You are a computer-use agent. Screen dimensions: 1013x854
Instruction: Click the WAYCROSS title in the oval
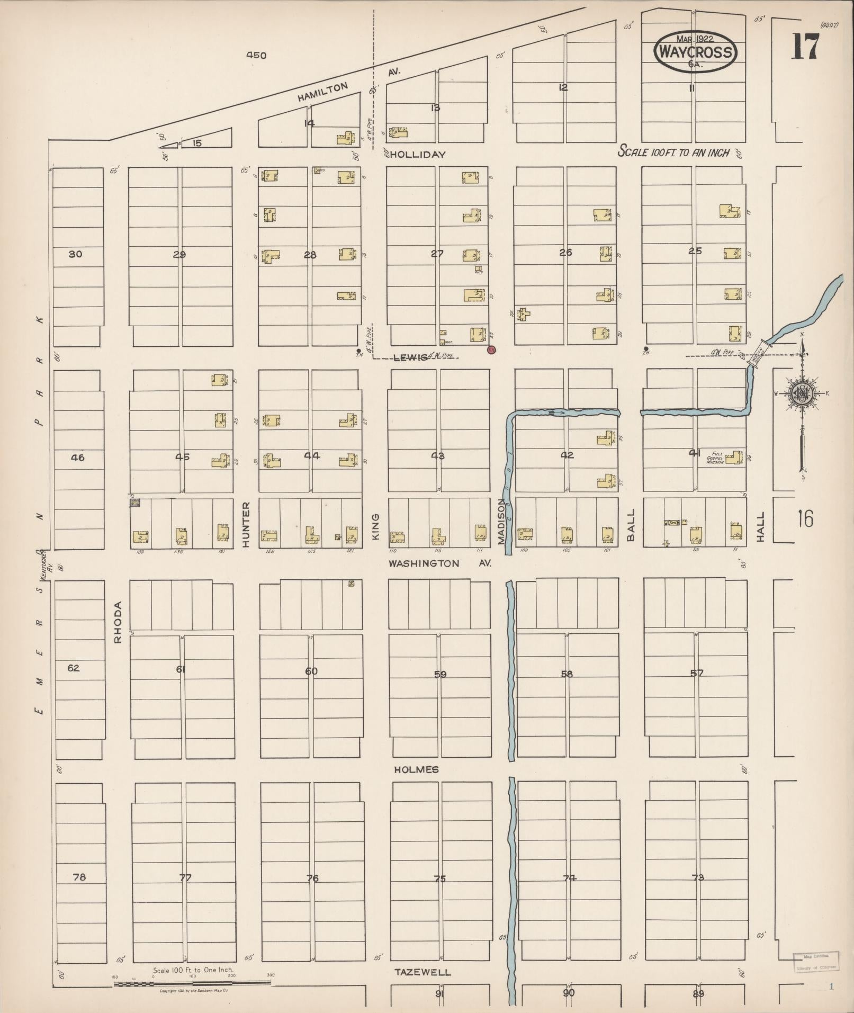pos(695,52)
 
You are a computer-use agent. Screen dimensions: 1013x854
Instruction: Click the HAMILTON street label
pos(322,92)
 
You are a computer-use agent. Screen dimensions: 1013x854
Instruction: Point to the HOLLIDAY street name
pos(419,155)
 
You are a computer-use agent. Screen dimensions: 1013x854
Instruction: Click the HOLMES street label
pos(416,769)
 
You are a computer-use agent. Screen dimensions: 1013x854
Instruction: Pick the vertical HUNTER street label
pos(246,524)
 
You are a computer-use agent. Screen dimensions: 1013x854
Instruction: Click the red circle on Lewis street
pos(491,349)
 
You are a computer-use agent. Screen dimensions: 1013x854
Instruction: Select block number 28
pos(310,255)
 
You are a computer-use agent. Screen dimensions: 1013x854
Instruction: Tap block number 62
pos(74,668)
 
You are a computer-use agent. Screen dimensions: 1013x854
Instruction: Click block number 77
pos(185,877)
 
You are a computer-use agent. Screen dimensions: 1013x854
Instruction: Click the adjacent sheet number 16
pos(804,519)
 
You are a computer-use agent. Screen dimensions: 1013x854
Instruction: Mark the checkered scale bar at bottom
pos(192,983)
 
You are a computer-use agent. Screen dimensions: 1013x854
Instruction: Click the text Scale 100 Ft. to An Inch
pos(673,153)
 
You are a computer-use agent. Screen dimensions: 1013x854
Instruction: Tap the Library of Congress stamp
pos(816,961)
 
